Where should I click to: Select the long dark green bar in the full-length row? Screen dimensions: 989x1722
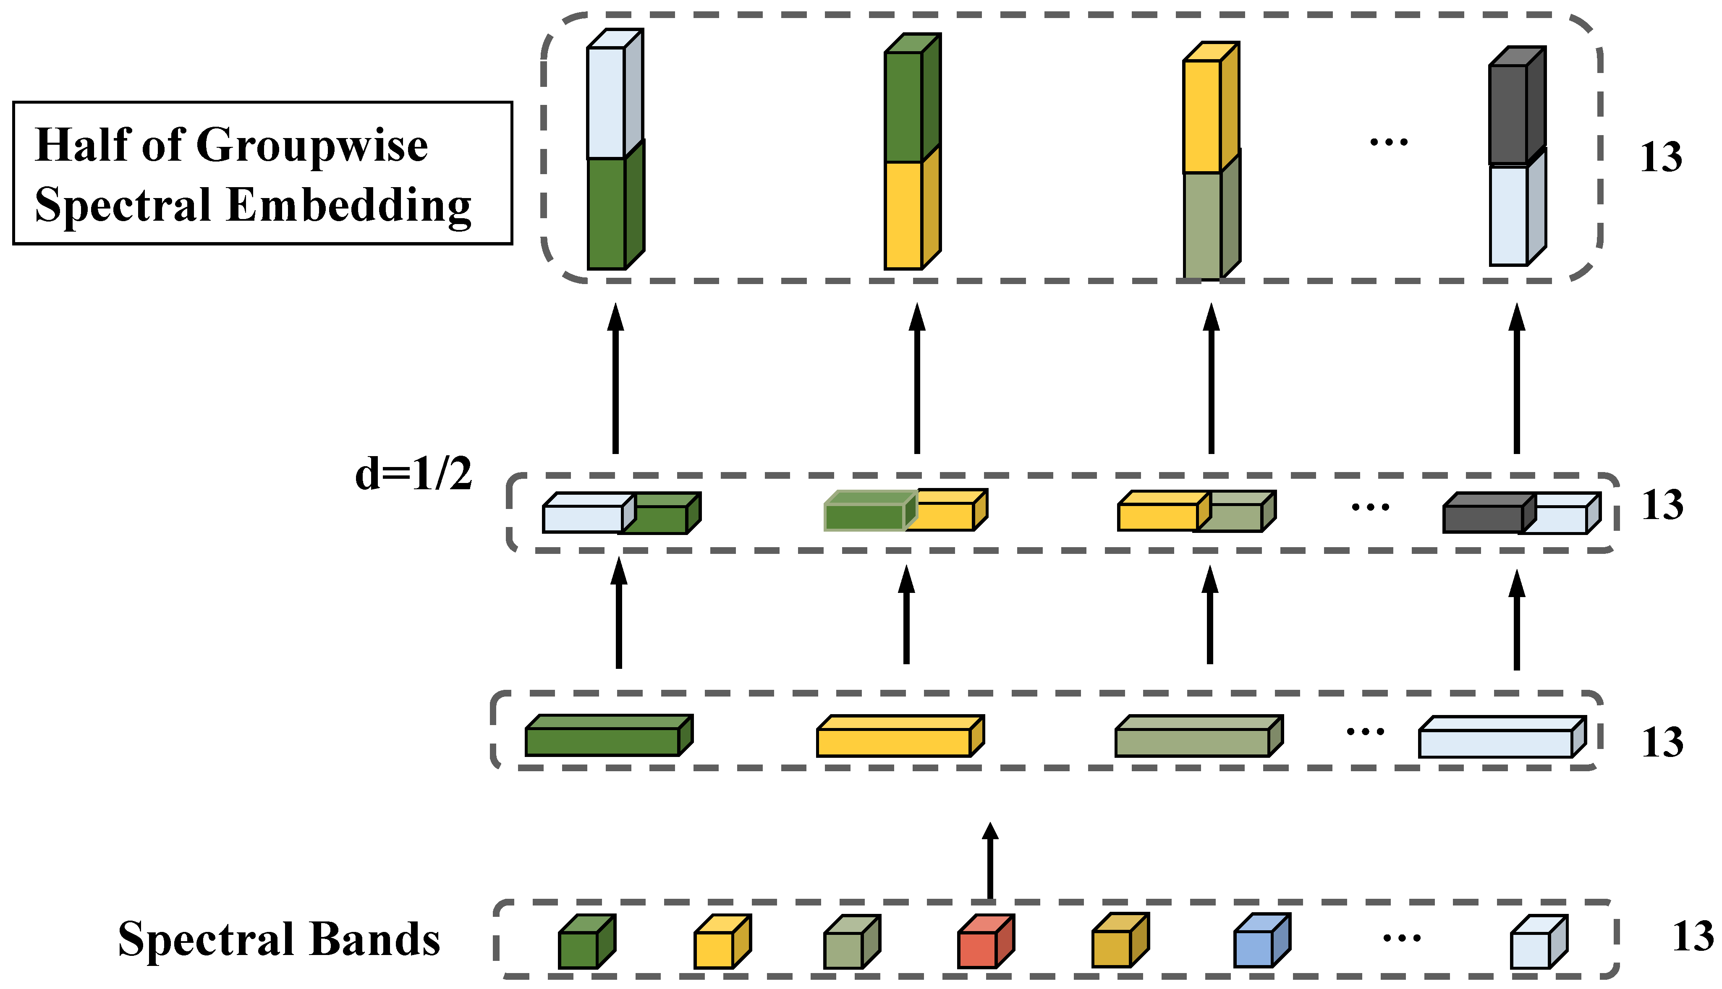click(x=603, y=741)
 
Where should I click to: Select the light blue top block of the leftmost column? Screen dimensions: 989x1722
click(x=606, y=102)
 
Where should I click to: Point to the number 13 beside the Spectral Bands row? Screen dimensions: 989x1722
click(x=1693, y=937)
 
